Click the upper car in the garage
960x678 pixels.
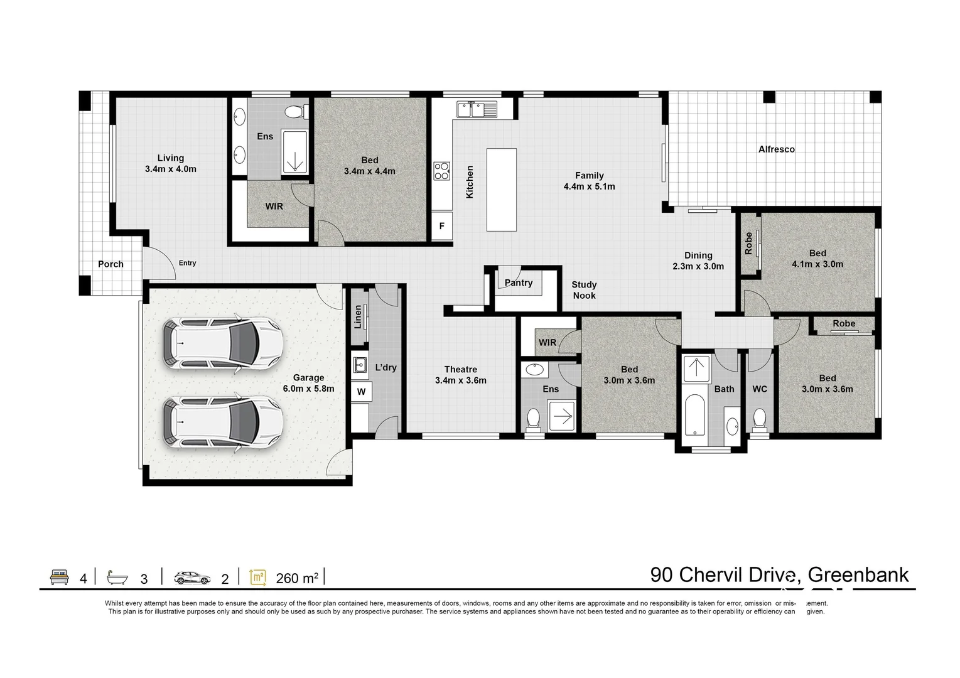click(222, 345)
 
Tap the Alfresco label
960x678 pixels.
click(776, 149)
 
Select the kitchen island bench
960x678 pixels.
click(501, 189)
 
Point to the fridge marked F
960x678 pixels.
click(442, 227)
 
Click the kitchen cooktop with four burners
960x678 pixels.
click(442, 171)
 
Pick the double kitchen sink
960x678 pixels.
click(477, 109)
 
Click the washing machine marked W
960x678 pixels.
click(361, 392)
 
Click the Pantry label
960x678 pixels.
click(519, 283)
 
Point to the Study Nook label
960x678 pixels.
click(584, 290)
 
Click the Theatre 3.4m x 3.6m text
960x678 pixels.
click(460, 375)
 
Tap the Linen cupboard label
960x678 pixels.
click(358, 317)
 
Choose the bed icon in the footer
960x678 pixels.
click(60, 577)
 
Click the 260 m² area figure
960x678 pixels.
click(296, 578)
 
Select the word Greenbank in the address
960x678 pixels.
click(858, 574)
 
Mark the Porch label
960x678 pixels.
click(111, 264)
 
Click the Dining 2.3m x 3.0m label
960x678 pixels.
click(698, 261)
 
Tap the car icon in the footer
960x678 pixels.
click(193, 577)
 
